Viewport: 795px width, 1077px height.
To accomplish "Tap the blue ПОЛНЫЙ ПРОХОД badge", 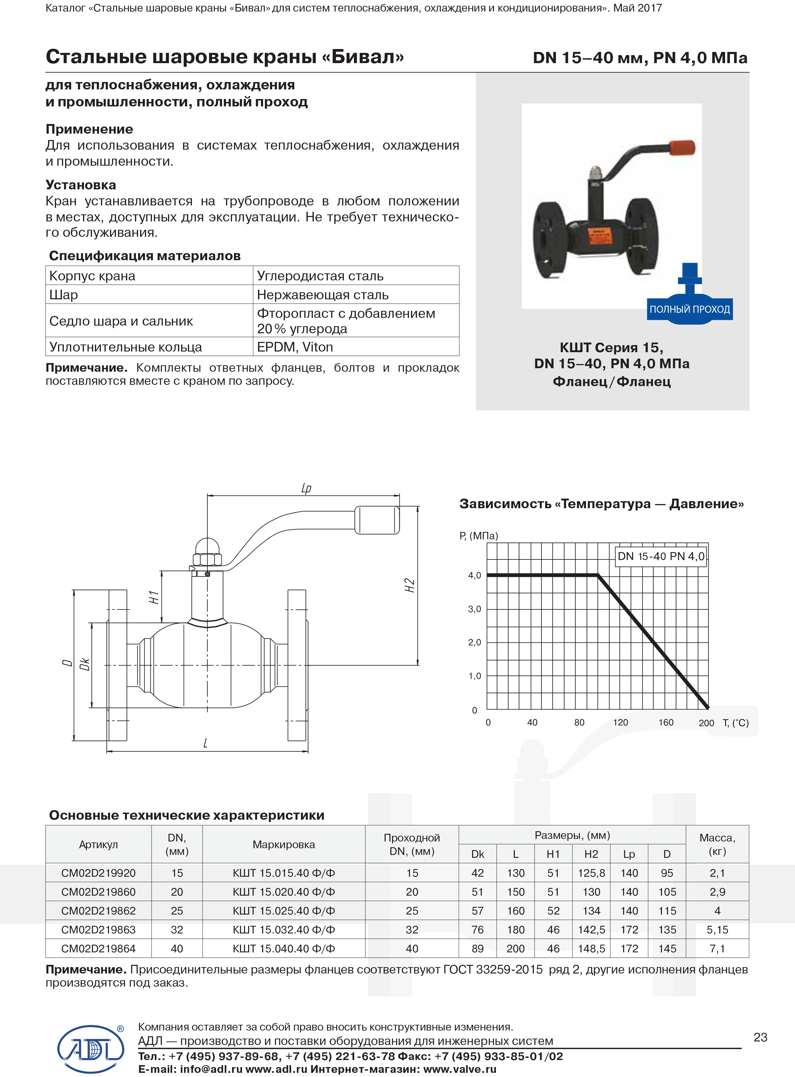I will click(690, 309).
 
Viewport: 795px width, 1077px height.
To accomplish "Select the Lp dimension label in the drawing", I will click(306, 488).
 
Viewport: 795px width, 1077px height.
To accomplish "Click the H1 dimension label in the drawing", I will click(154, 597).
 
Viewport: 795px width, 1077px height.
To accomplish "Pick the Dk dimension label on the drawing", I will click(85, 664).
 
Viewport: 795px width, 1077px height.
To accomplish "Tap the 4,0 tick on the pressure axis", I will click(474, 575).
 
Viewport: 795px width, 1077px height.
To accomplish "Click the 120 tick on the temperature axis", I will click(620, 723).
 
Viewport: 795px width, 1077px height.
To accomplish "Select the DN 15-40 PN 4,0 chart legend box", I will click(661, 557).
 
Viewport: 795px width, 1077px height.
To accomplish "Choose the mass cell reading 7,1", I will click(717, 949).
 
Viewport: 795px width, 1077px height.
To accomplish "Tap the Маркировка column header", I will click(283, 844).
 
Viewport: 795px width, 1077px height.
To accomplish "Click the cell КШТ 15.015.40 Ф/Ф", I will click(283, 873).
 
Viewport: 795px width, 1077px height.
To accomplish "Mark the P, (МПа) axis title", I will click(479, 535).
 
